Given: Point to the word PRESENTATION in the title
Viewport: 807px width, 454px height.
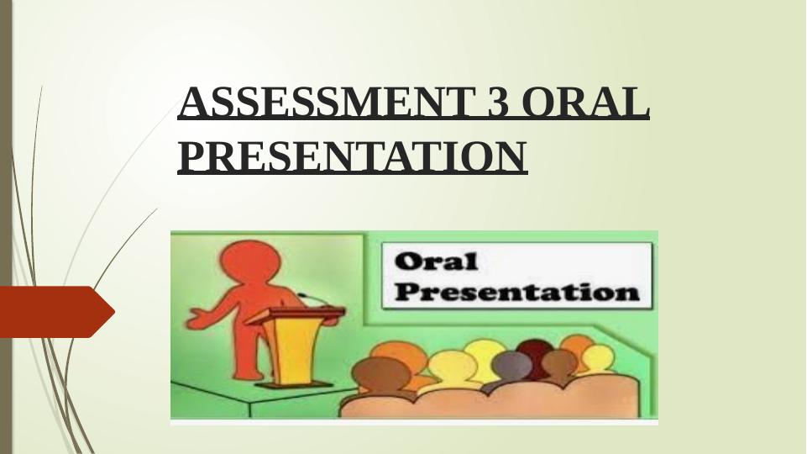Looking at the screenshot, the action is [353, 156].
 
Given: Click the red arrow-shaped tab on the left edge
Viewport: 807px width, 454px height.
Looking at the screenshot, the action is [56, 312].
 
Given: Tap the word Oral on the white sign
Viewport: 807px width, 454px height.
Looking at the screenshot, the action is [437, 261].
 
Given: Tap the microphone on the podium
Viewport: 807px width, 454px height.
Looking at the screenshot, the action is [312, 298].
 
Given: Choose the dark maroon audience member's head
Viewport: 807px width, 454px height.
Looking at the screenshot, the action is [534, 352].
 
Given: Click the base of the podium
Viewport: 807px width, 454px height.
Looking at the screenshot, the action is [293, 384].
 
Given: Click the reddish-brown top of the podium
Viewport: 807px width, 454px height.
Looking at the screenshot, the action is [295, 314].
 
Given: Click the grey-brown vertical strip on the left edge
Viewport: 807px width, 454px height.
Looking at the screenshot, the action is [6, 227].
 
